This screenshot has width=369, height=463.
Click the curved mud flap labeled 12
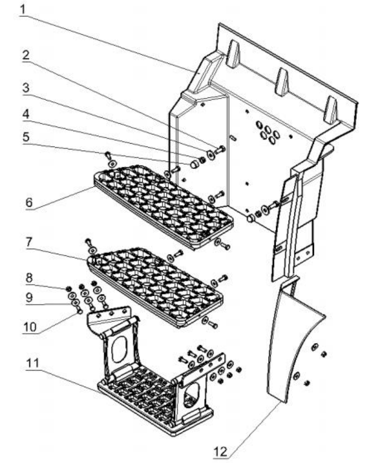pyautogui.click(x=292, y=339)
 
